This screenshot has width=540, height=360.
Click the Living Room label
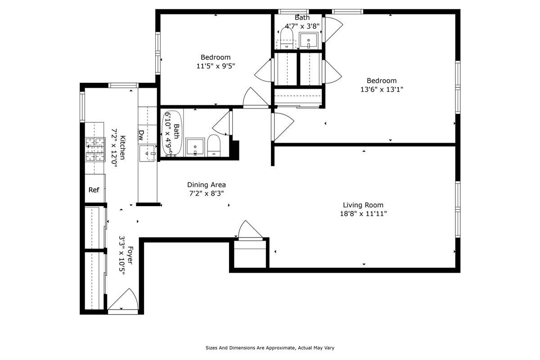(x=363, y=205)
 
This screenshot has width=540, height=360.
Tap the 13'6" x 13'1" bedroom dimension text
(x=381, y=90)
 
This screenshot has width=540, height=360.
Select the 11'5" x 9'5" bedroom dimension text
(x=216, y=66)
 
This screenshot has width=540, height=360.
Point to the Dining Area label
(x=206, y=184)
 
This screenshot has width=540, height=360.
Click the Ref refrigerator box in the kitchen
(x=94, y=190)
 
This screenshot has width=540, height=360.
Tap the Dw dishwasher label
(x=141, y=134)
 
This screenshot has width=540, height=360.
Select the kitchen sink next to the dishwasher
(x=147, y=153)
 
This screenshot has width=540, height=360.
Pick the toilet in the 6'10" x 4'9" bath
(x=214, y=145)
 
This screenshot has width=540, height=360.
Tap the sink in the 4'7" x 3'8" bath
(x=309, y=40)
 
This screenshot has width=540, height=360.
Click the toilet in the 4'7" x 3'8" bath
(x=287, y=36)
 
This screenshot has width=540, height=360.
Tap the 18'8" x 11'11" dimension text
(x=363, y=214)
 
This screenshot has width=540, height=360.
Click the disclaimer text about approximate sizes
(x=270, y=348)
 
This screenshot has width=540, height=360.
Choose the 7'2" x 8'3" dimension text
(x=206, y=193)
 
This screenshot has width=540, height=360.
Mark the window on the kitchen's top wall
(x=123, y=85)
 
